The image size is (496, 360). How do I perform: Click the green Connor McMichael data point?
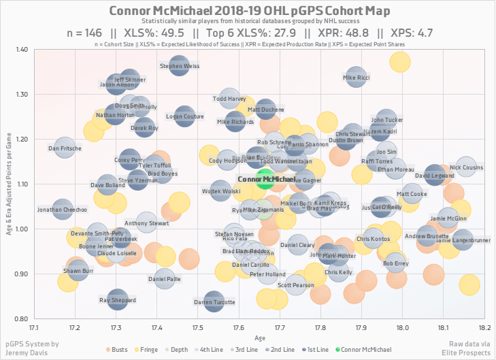(265, 179)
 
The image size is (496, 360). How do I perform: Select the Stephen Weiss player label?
(180, 66)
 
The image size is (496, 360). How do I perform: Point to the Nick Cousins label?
(466, 167)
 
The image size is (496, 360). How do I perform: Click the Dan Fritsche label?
(65, 148)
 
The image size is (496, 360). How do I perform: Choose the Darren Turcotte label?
(214, 301)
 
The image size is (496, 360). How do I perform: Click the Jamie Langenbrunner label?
(463, 240)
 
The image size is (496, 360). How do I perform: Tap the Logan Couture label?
(185, 117)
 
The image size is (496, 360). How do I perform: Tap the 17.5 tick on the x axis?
(197, 327)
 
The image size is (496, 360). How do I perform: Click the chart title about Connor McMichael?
(248, 12)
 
